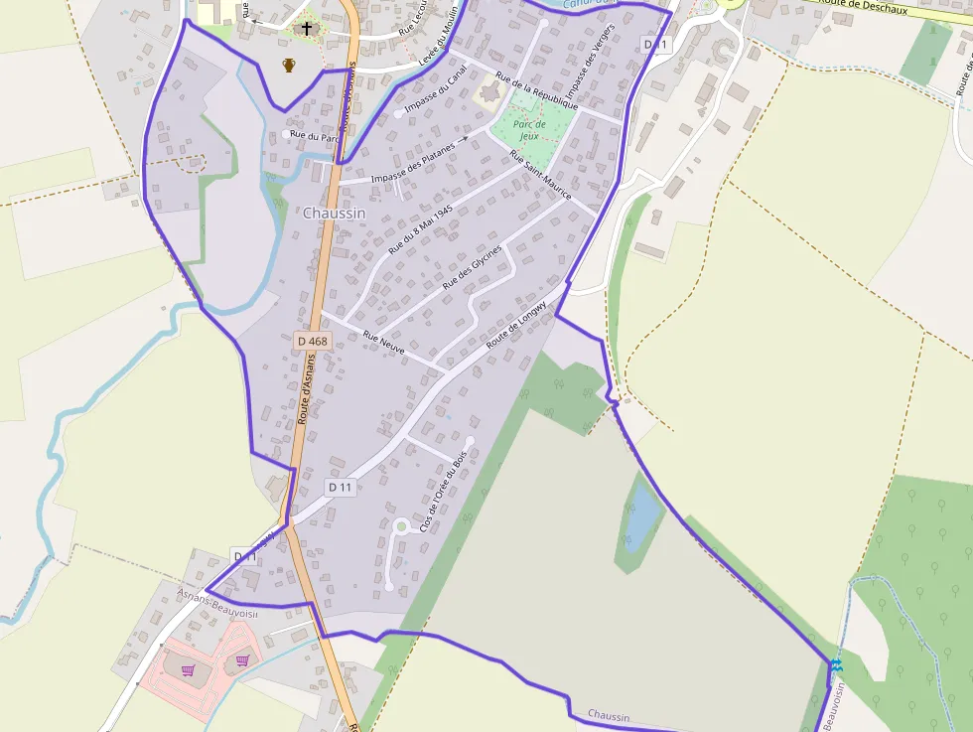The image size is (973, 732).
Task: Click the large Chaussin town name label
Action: click(x=334, y=213)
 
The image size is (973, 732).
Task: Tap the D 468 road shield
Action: click(x=312, y=341)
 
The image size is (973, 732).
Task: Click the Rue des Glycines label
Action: click(x=472, y=267)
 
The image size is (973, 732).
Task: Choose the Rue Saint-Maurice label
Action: click(x=540, y=176)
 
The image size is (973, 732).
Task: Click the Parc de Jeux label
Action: click(x=531, y=130)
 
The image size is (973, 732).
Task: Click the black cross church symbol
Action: click(x=307, y=29)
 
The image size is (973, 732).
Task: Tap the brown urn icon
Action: click(x=289, y=66)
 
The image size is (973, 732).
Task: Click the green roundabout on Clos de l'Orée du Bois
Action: click(x=400, y=525)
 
